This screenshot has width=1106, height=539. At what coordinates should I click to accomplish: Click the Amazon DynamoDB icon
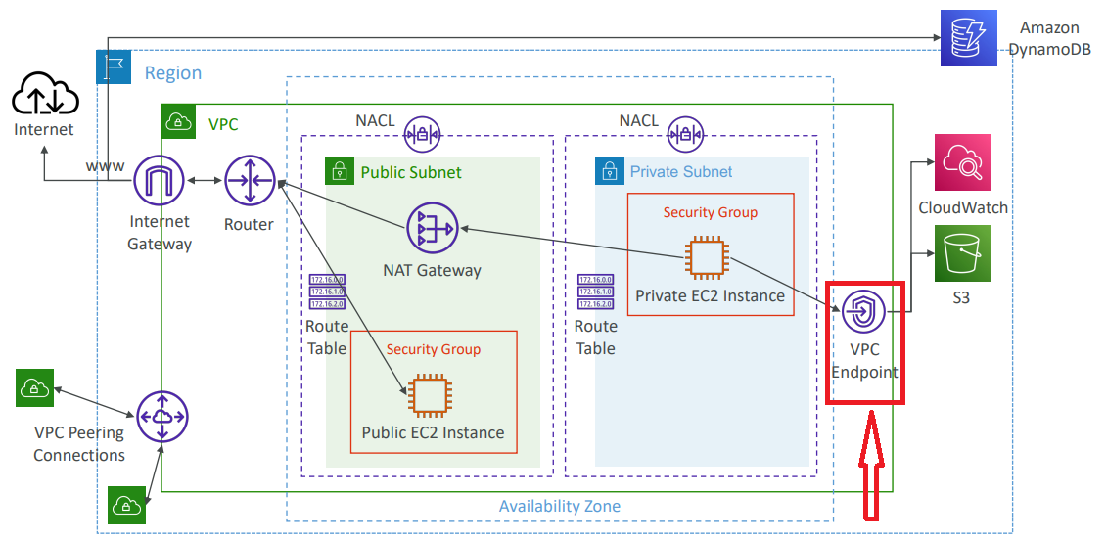click(x=968, y=37)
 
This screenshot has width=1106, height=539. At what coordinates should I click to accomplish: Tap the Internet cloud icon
click(x=44, y=97)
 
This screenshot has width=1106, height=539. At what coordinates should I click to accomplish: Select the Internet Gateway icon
click(x=159, y=182)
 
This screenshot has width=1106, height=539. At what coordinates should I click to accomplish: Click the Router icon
click(x=250, y=181)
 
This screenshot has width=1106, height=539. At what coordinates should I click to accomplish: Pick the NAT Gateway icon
click(x=432, y=229)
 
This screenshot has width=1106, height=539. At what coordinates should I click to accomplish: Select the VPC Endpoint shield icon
click(x=863, y=313)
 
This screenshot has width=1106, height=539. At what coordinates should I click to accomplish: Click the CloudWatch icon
click(x=962, y=163)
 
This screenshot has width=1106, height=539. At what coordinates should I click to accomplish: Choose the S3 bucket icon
click(x=962, y=253)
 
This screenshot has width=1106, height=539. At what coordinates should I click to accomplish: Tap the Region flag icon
click(x=111, y=67)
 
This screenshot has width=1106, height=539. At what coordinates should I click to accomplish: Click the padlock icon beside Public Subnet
click(x=339, y=171)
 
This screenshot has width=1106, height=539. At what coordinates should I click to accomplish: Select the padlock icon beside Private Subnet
click(x=609, y=170)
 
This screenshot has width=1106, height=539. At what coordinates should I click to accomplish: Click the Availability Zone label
click(x=560, y=506)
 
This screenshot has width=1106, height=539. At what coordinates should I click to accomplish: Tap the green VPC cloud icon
click(x=177, y=120)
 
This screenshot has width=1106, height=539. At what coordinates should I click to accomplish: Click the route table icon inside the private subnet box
click(x=594, y=292)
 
